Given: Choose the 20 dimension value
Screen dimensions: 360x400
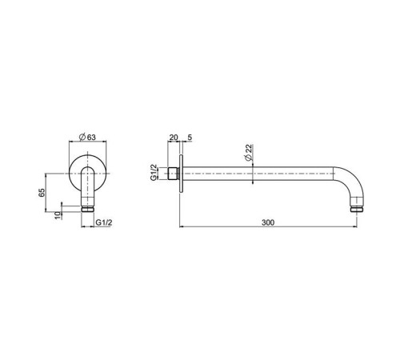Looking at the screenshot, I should point(173,138).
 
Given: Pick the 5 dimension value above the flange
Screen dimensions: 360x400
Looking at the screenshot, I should point(189,138).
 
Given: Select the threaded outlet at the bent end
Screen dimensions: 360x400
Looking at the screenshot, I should point(357,210).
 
